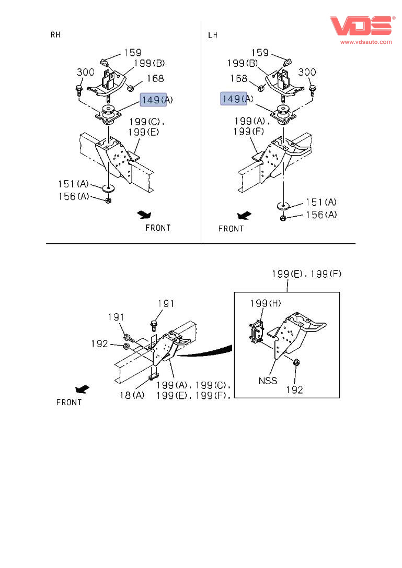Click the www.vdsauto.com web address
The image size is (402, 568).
pos(366,42)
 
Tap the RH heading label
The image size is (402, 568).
pos(55,35)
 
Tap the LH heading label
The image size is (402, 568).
pos(212,35)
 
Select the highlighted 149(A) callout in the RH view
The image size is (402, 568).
pos(153,99)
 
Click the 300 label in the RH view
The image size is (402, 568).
pos(85,72)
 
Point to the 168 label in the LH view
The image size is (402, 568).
pos(239,79)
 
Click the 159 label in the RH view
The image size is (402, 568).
pos(133,53)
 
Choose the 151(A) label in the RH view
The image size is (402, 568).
pos(73,183)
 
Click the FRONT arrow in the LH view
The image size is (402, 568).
pos(244,215)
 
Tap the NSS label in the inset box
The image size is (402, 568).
pos(268,381)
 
